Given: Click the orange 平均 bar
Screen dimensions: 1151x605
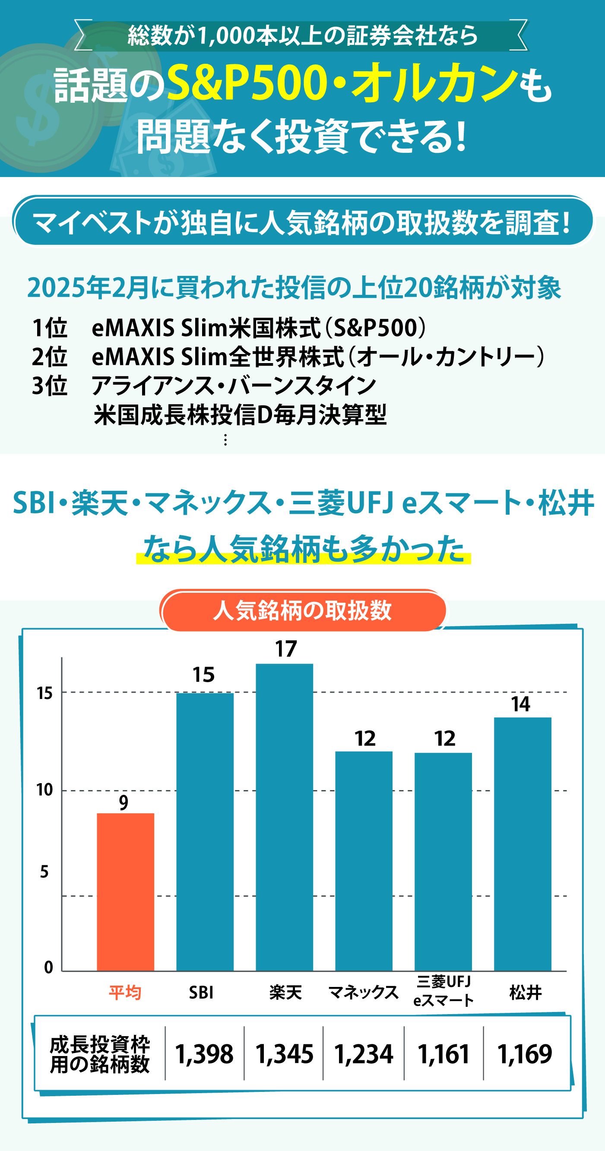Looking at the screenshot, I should point(126,892).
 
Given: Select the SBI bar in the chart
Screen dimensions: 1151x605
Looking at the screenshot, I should point(205,831).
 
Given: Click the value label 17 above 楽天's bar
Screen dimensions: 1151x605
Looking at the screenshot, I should point(286,649).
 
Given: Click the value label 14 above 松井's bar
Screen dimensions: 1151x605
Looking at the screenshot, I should point(520,704).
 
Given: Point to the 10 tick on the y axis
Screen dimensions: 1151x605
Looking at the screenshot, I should point(44,790).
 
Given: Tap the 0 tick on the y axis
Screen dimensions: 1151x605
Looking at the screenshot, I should point(48,968).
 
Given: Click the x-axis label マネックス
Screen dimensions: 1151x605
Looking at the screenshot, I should point(363,993).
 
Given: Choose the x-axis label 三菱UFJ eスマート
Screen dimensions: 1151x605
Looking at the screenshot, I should point(443,990).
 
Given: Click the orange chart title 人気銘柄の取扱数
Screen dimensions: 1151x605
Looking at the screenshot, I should point(302,610).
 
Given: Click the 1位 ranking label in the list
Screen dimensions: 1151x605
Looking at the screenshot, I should point(50,328).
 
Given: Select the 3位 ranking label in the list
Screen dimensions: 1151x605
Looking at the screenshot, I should point(50,385).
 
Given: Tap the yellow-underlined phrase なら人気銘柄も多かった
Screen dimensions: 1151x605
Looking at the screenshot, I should point(304,548).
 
